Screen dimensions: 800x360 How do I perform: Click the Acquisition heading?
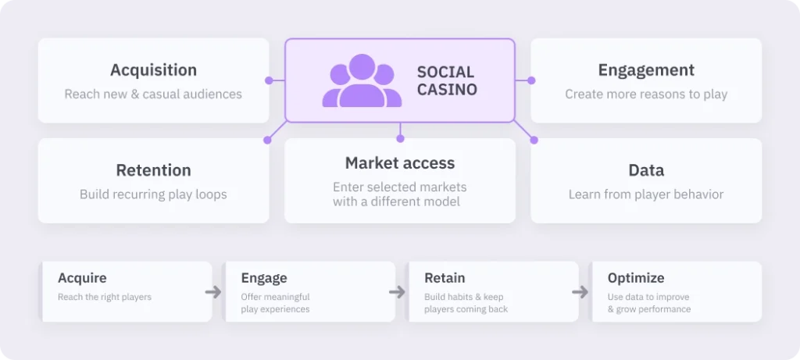[x=154, y=70]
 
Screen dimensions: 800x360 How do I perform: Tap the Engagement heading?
[x=646, y=70]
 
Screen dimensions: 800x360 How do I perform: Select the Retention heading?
[x=154, y=170]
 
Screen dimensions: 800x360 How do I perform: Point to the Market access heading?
[x=400, y=163]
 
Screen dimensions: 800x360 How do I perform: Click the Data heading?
[x=646, y=170]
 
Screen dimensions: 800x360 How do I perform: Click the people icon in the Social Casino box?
[x=362, y=80]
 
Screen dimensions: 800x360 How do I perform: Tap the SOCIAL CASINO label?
[x=447, y=81]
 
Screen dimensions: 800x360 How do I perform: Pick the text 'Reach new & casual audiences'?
[x=153, y=94]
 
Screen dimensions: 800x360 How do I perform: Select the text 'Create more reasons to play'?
[x=646, y=94]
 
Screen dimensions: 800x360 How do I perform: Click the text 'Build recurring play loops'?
[x=153, y=194]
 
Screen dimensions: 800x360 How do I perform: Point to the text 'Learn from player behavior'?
[x=646, y=194]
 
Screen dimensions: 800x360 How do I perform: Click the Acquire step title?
[x=82, y=279]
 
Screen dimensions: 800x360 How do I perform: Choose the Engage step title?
[x=264, y=279]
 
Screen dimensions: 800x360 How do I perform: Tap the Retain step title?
[x=445, y=279]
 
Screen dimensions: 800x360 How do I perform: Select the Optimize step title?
[x=636, y=279]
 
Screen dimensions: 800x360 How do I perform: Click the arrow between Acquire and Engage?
[x=213, y=292]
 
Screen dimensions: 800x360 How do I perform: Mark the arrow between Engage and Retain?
[x=397, y=292]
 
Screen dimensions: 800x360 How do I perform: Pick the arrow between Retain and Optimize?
[x=580, y=292]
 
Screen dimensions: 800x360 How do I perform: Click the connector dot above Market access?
[x=400, y=139]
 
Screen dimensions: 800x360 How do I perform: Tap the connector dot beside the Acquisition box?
[x=269, y=80]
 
